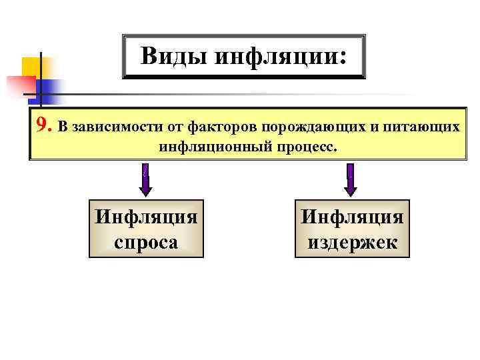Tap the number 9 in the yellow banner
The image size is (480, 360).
[42, 125]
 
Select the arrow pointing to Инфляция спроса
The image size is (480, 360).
[146, 179]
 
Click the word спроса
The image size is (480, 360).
[146, 241]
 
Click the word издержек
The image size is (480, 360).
[352, 241]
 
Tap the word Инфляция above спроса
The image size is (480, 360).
[146, 217]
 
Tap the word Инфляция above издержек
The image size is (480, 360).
[352, 217]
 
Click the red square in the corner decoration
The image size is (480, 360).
[19, 87]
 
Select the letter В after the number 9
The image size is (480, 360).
[62, 126]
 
